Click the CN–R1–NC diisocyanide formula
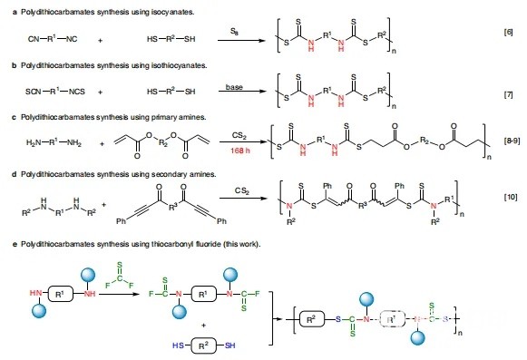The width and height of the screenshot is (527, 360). [54, 39]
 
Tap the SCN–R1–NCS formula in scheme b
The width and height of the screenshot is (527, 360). [57, 95]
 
